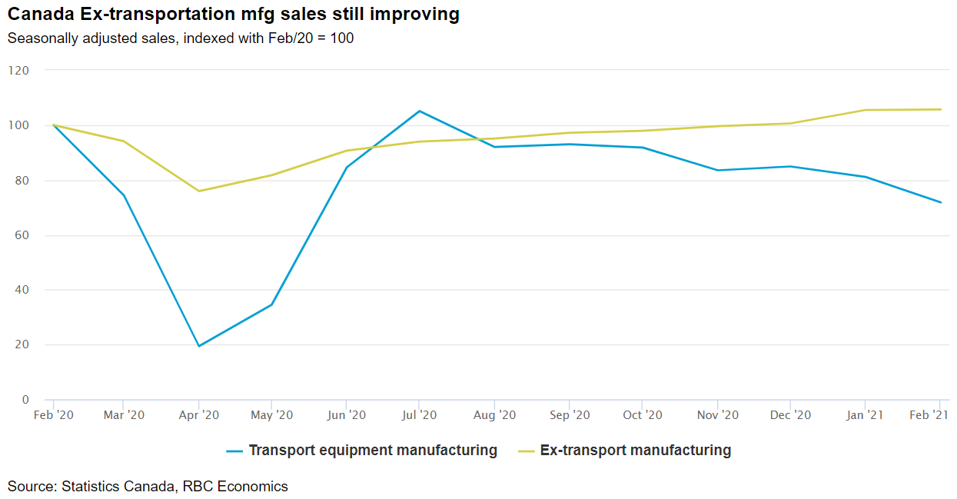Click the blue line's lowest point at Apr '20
[x=199, y=346]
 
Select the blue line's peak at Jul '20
[x=419, y=111]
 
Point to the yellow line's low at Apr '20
[x=199, y=191]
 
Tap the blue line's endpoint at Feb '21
[x=940, y=202]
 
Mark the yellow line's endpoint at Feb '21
[x=940, y=109]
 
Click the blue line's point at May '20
[x=272, y=304]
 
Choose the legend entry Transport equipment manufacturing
[x=372, y=451]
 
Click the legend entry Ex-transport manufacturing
[x=635, y=451]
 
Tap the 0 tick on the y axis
[x=25, y=400]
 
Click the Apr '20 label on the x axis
[x=199, y=415]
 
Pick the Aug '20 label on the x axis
[x=494, y=415]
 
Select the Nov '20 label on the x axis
[x=717, y=415]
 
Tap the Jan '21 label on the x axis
[x=865, y=415]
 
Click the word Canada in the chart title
[x=36, y=15]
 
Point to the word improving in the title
[x=416, y=15]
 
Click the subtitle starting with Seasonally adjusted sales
[x=181, y=38]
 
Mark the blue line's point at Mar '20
[x=124, y=195]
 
